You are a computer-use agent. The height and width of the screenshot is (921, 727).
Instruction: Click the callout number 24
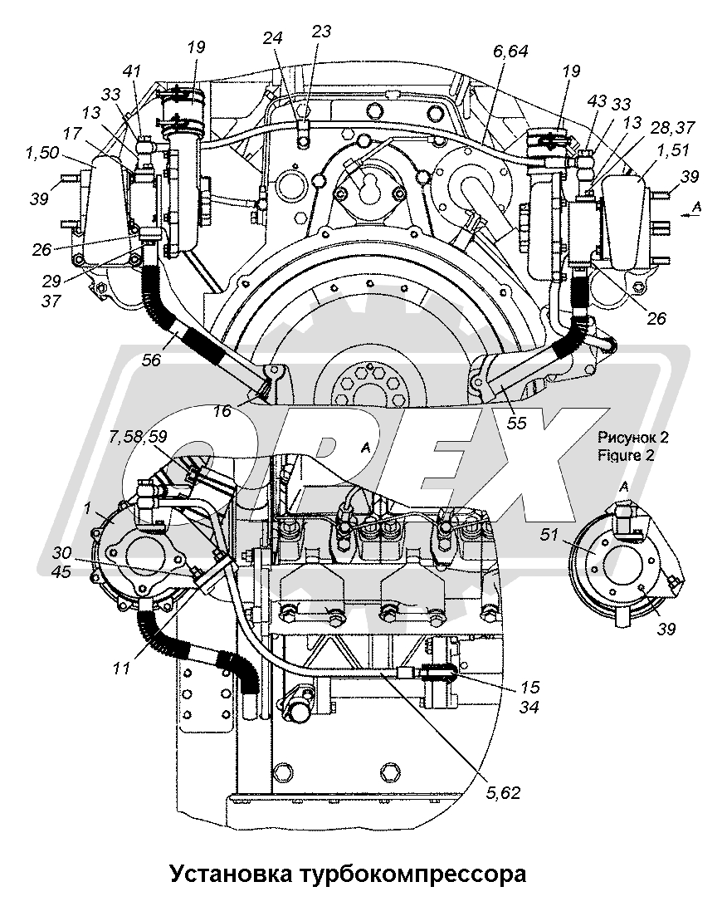(273, 38)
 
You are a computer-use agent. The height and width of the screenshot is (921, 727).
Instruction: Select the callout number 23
(321, 31)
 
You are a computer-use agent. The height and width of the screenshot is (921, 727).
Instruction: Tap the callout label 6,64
(510, 51)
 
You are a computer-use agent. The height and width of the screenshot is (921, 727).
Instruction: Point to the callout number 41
(132, 71)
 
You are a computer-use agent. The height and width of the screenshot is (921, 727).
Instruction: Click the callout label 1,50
(41, 153)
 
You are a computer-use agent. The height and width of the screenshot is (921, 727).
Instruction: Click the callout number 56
(151, 360)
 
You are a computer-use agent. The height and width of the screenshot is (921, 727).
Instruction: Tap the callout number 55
(516, 423)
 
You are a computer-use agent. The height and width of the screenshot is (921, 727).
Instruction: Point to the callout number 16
(222, 410)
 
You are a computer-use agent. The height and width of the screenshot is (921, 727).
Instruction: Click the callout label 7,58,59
(138, 437)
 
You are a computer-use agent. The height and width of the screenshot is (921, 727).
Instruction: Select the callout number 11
(122, 668)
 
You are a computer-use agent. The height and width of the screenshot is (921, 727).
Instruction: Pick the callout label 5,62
(502, 793)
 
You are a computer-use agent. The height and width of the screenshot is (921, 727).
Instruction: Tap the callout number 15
(529, 688)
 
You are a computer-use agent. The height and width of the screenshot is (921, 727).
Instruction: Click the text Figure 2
(626, 455)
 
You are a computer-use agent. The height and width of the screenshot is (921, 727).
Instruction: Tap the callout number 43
(598, 101)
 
